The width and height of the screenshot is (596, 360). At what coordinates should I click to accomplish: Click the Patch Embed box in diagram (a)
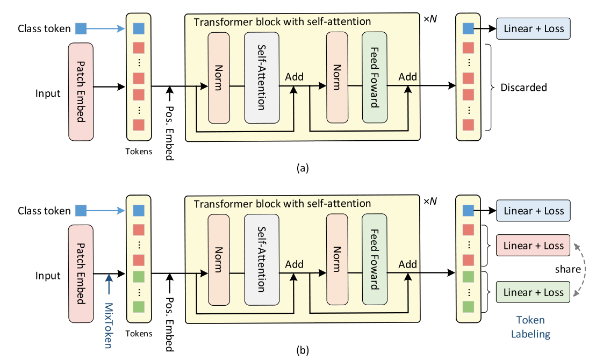(x=81, y=92)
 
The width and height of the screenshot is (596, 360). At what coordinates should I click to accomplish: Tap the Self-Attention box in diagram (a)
(x=262, y=78)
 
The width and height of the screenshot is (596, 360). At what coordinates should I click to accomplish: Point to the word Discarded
(x=523, y=87)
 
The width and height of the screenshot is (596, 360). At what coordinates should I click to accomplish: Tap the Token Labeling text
(x=530, y=327)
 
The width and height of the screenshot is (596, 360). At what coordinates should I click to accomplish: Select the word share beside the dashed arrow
(x=568, y=269)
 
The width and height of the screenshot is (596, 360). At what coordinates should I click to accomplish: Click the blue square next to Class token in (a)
(x=81, y=28)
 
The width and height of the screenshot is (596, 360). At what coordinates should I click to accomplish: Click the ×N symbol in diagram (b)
(x=430, y=201)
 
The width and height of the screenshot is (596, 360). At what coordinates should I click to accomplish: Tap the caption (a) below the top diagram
(x=302, y=168)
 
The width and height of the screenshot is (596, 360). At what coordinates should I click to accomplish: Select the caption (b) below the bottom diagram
(x=302, y=350)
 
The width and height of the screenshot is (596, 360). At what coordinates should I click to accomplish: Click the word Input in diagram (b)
(x=48, y=275)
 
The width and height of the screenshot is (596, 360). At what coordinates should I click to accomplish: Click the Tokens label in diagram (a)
(x=139, y=151)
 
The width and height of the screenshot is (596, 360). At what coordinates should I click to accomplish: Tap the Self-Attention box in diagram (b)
(x=262, y=260)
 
